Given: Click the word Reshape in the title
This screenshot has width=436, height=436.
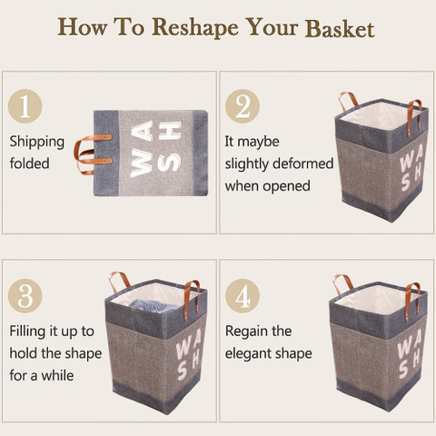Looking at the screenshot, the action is (195, 28).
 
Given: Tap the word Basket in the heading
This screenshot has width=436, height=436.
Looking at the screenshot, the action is (340, 28).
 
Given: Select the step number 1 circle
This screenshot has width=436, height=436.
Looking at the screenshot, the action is (25, 106).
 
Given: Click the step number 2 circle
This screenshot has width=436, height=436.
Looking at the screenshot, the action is (243, 106).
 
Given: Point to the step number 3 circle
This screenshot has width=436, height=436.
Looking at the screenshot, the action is (25, 296).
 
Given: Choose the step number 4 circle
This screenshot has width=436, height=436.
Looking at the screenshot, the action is (243, 296).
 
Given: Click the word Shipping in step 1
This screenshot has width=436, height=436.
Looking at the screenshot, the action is (37, 143).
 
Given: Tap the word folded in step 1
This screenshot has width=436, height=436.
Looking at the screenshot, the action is (29, 163).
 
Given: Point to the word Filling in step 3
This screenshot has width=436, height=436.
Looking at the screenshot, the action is (27, 332).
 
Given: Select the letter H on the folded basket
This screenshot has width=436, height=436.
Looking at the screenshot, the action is (170, 131).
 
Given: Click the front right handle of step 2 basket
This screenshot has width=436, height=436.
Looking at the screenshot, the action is (413, 116).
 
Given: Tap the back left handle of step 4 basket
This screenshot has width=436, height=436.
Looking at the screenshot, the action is (343, 283).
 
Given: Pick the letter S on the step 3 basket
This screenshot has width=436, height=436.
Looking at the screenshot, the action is (183, 372).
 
